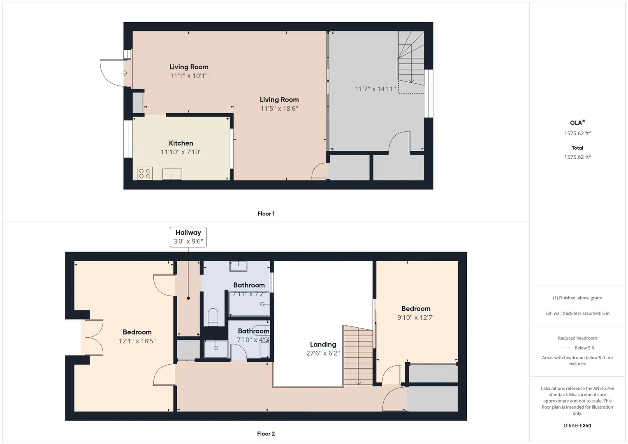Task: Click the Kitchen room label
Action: (x=181, y=143)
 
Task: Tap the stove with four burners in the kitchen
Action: (x=145, y=173)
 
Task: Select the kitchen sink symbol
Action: (x=172, y=174)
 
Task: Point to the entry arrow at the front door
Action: (x=124, y=73)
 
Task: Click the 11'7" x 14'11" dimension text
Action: (x=375, y=89)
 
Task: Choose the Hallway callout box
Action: (x=188, y=237)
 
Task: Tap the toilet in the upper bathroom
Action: (x=213, y=317)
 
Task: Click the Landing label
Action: (x=323, y=344)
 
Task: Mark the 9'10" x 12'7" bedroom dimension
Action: (x=416, y=317)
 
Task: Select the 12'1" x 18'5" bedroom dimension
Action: (x=137, y=341)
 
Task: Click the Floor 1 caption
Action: (x=266, y=214)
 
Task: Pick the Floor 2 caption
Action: (x=266, y=434)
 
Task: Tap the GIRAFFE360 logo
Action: (x=577, y=425)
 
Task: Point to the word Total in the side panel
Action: (x=577, y=148)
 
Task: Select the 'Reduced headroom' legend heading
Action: (x=577, y=338)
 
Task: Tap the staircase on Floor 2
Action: (x=358, y=355)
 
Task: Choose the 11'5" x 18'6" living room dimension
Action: (x=279, y=109)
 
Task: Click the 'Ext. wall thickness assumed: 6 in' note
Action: (x=577, y=313)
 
